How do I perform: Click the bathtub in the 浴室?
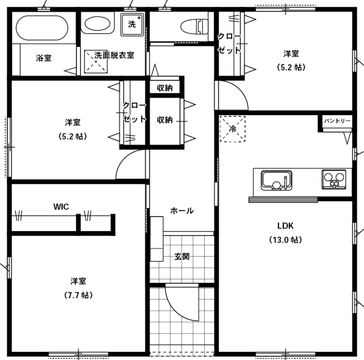[42, 28]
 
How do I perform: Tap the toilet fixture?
[194, 27]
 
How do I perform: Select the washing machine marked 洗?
[132, 25]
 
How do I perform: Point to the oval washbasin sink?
[97, 23]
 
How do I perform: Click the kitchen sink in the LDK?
[276, 180]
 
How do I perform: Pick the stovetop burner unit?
[334, 180]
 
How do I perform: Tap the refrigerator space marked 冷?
[232, 129]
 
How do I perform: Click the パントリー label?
[337, 121]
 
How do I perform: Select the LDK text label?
[285, 225]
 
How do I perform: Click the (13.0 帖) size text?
[285, 240]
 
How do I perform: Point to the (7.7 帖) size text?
[79, 295]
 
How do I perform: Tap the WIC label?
[61, 207]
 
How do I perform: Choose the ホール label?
[182, 211]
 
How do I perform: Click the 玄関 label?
[182, 256]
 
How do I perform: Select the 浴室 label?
[44, 58]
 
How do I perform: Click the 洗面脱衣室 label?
[114, 55]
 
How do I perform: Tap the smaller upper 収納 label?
[164, 88]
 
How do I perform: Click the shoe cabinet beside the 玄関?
[156, 239]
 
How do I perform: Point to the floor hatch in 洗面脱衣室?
[96, 62]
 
